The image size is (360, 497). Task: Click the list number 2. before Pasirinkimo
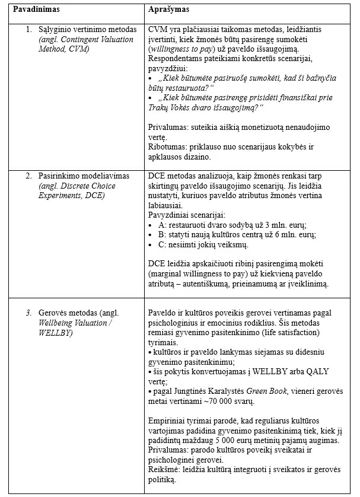(28, 177)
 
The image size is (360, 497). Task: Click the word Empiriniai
(168, 420)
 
